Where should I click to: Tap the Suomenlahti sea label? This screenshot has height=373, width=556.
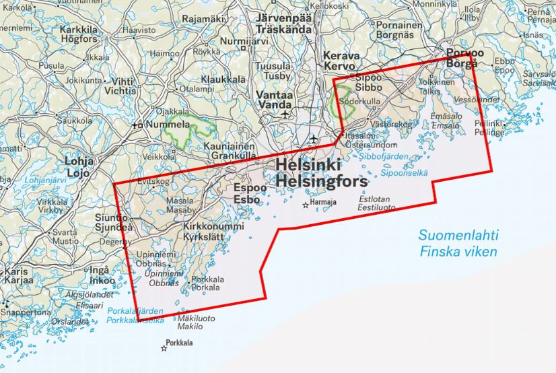(458, 236)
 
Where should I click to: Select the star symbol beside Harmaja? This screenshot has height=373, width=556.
(306, 205)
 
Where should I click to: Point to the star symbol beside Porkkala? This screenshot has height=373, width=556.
(164, 348)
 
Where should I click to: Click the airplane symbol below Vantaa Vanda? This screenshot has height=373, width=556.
(285, 115)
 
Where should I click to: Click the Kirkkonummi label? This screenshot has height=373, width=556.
(213, 227)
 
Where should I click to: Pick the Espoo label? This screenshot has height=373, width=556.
(247, 189)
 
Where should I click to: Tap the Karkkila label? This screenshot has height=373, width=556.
(79, 30)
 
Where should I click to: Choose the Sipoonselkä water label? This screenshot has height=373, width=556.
(404, 172)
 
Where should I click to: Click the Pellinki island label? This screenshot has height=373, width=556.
(489, 124)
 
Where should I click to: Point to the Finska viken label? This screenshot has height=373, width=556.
(458, 252)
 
